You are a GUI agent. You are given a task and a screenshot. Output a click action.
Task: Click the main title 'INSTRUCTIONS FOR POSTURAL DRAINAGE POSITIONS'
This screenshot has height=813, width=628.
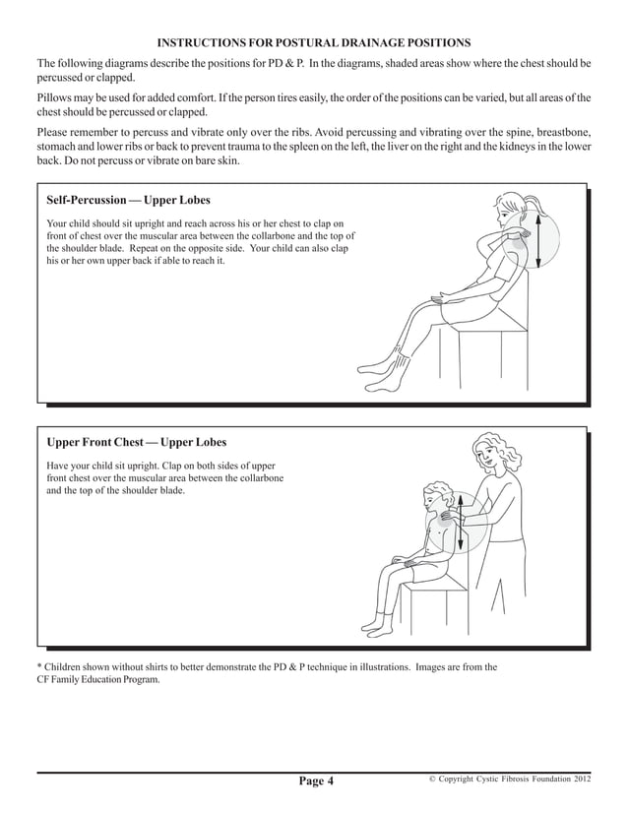pos(314,42)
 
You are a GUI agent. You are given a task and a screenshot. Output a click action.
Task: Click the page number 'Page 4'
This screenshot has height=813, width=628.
pos(317,782)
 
